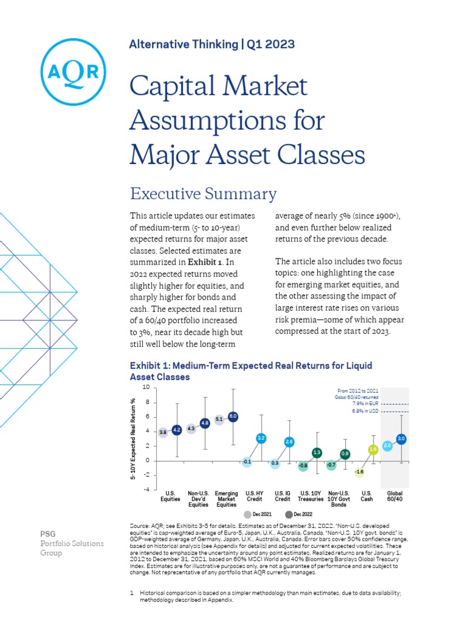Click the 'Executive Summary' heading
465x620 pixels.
pos(203,194)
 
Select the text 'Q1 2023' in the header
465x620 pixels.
pos(271,44)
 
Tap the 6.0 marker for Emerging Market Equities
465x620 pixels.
pos(233,417)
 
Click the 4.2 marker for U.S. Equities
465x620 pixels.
pos(177,430)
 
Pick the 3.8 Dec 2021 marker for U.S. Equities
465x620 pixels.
pos(163,432)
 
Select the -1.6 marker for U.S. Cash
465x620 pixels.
pos(360,472)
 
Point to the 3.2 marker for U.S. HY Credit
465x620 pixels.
pos(261,437)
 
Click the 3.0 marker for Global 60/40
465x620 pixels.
pos(401,438)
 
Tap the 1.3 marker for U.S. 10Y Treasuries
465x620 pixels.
pos(317,452)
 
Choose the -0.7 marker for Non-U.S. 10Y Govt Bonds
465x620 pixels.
pos(331,465)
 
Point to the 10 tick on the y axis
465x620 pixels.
pos(145,387)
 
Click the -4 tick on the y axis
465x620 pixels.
pos(146,489)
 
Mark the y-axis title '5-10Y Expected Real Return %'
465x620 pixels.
pos(133,439)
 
